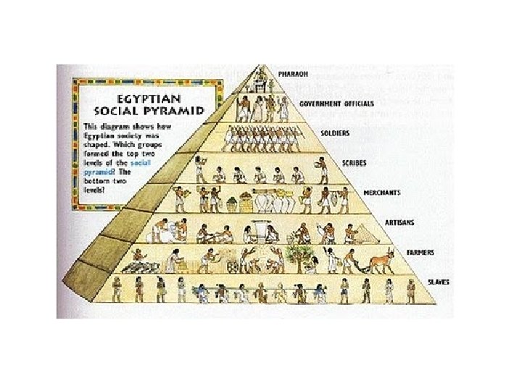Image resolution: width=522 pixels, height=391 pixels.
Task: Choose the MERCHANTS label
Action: [x=382, y=194]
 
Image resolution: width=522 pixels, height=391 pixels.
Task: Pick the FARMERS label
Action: [x=420, y=253]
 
